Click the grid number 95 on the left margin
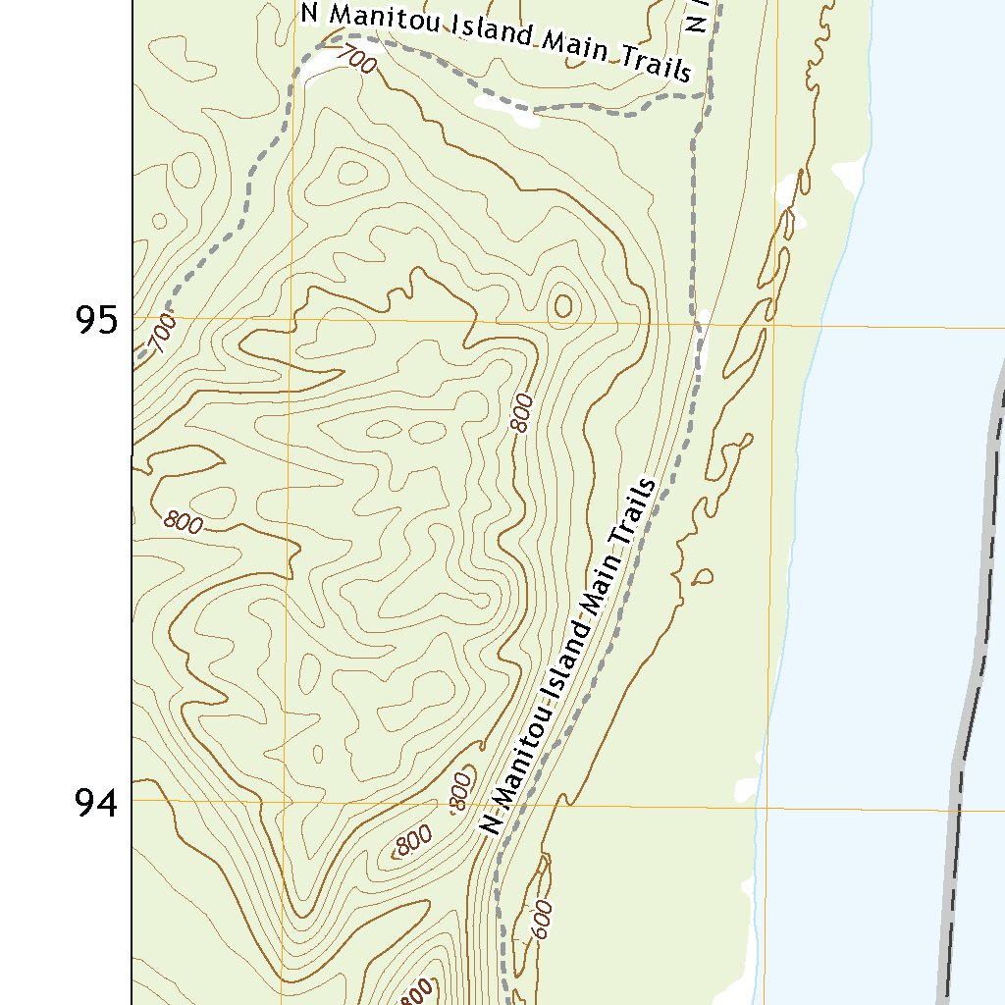click(x=95, y=320)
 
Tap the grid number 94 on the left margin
click(x=95, y=804)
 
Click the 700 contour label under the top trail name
click(x=355, y=61)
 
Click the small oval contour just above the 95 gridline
click(x=563, y=306)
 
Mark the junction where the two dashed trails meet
click(x=706, y=95)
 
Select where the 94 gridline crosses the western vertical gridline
click(x=289, y=801)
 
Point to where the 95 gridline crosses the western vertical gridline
click(x=291, y=319)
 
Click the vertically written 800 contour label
click(x=522, y=412)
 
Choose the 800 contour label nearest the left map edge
click(x=184, y=522)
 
